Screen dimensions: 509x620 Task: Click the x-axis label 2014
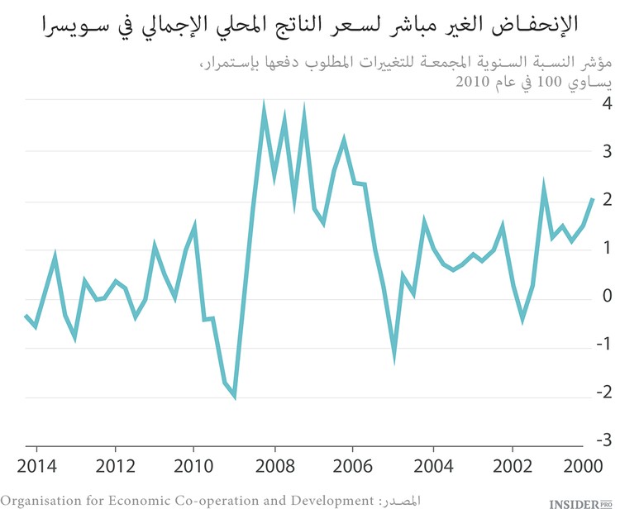[36, 464]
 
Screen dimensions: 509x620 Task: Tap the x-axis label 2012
[115, 464]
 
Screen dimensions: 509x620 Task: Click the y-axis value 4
[607, 104]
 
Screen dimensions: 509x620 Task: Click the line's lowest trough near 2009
[235, 397]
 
